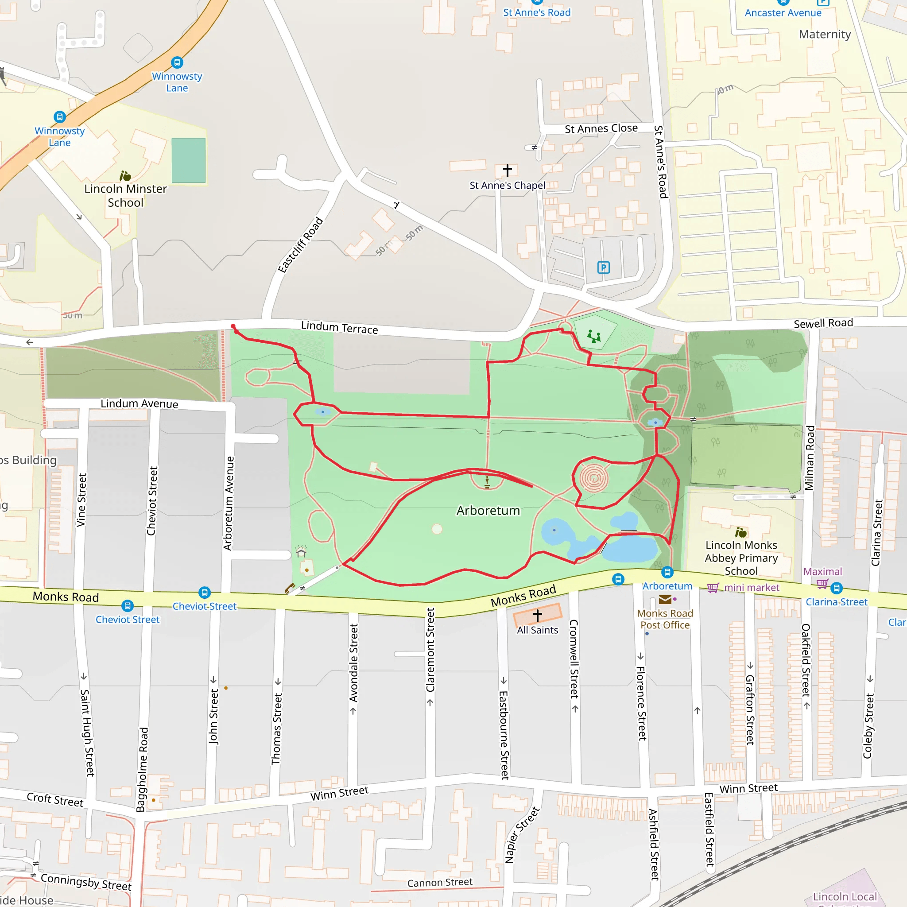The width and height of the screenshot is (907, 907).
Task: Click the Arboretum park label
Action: (x=488, y=511)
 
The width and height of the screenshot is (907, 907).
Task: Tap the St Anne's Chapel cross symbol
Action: (x=507, y=170)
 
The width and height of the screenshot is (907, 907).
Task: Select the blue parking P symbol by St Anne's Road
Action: (x=603, y=267)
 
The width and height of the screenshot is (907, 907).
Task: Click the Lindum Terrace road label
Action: (x=339, y=327)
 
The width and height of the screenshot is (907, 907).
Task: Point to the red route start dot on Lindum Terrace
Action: (x=233, y=326)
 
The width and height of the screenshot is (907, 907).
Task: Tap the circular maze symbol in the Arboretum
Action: (x=594, y=478)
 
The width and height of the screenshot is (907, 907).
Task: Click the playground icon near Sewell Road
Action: (x=594, y=336)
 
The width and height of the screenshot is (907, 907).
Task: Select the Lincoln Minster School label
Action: (x=125, y=196)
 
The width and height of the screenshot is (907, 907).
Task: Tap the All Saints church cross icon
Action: (x=538, y=615)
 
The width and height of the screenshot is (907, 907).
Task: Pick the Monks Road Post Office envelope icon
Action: (x=665, y=600)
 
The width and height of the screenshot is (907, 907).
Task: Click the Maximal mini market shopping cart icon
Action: (x=713, y=588)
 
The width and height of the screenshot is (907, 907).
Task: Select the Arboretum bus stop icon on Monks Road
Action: (x=667, y=572)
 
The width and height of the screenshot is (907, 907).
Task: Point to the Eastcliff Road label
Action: (x=300, y=244)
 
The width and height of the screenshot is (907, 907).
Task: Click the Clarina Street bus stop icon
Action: (x=837, y=588)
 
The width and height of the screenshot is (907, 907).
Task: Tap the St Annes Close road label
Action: (x=601, y=128)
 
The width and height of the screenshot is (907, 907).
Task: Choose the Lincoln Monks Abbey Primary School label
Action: (x=741, y=558)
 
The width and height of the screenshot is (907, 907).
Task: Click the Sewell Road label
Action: (x=823, y=323)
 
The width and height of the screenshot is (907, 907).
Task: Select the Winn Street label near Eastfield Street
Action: (x=748, y=788)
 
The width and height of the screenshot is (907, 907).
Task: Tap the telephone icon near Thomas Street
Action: (x=290, y=588)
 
